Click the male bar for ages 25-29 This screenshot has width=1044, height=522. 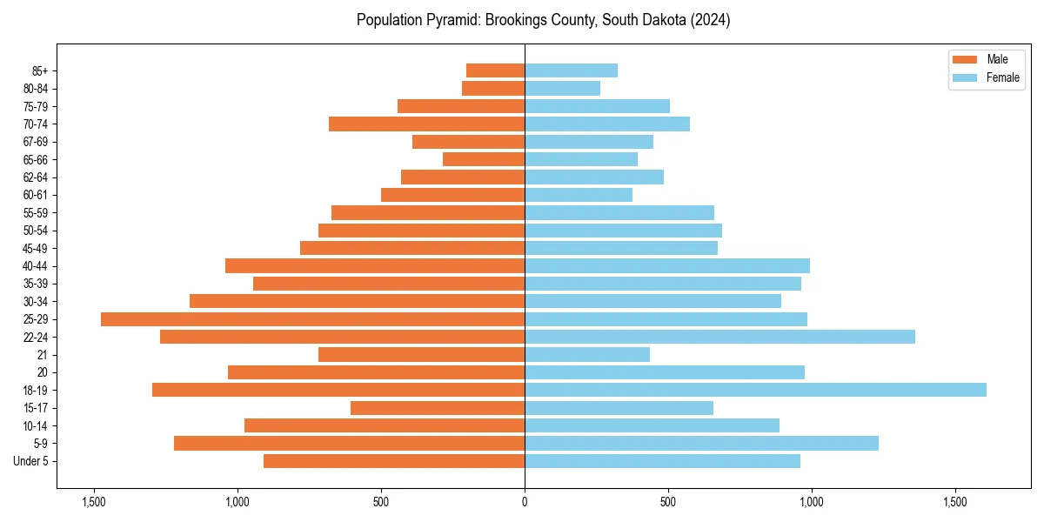coord(312,319)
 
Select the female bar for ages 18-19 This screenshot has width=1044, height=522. coord(755,390)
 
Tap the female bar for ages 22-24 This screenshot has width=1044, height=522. coord(719,337)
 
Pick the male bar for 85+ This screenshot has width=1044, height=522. coord(495,70)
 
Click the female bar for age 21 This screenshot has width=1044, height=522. coord(587,354)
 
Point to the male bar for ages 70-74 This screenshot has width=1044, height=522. coord(426,124)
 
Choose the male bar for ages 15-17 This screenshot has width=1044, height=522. coord(438,408)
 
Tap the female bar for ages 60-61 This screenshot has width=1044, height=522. coord(579,195)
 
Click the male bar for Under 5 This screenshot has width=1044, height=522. coord(394,461)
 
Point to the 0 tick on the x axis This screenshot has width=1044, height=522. coord(525,501)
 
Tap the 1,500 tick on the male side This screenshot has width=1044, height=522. coord(93,501)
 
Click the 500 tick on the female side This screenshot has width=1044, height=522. coord(668,501)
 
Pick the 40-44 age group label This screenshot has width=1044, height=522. coord(36,266)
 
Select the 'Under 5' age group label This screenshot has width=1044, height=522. coord(31,461)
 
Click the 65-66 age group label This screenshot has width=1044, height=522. coord(36,159)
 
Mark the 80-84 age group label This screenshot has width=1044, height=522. coord(36,89)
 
